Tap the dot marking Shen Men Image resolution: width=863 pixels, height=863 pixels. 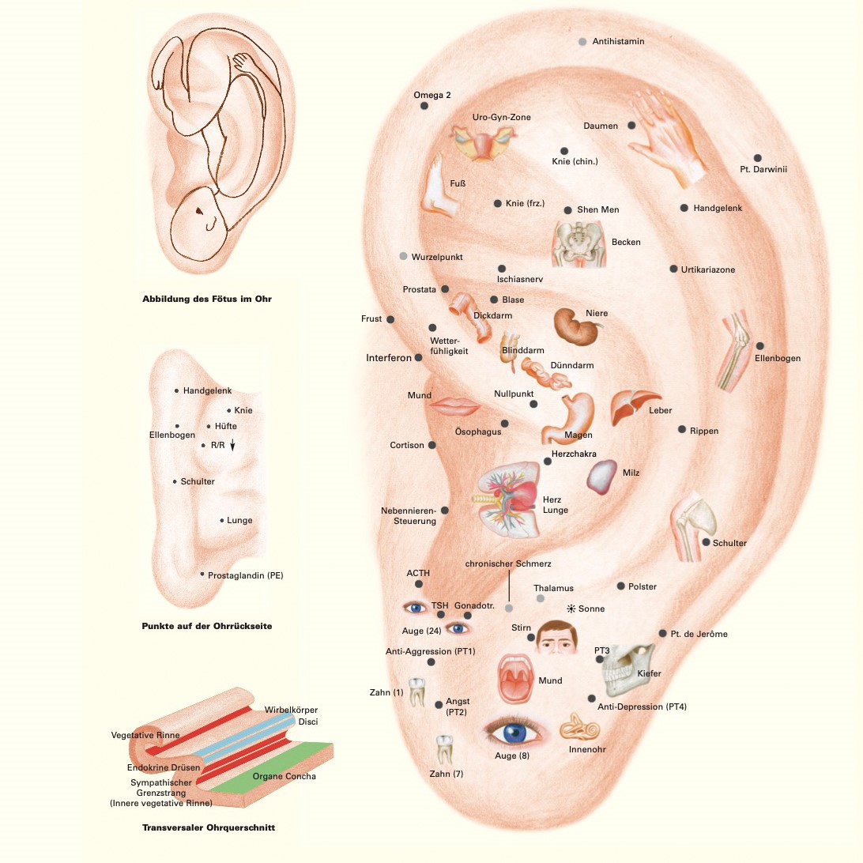coord(567,210)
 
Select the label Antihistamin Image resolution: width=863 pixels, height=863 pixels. coord(619,41)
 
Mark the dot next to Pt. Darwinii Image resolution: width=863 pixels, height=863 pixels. coord(757,158)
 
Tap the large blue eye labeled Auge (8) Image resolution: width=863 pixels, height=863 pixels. coord(514,732)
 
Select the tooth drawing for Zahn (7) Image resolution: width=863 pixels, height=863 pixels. coord(445,748)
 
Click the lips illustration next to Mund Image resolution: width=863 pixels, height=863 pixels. coord(455,406)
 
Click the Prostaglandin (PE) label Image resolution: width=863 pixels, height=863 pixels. coord(245,575)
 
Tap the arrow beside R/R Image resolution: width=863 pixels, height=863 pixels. coord(232,446)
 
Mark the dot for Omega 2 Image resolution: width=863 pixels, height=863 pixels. coord(424,105)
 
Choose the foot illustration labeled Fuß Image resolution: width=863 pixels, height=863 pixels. coord(439,186)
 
